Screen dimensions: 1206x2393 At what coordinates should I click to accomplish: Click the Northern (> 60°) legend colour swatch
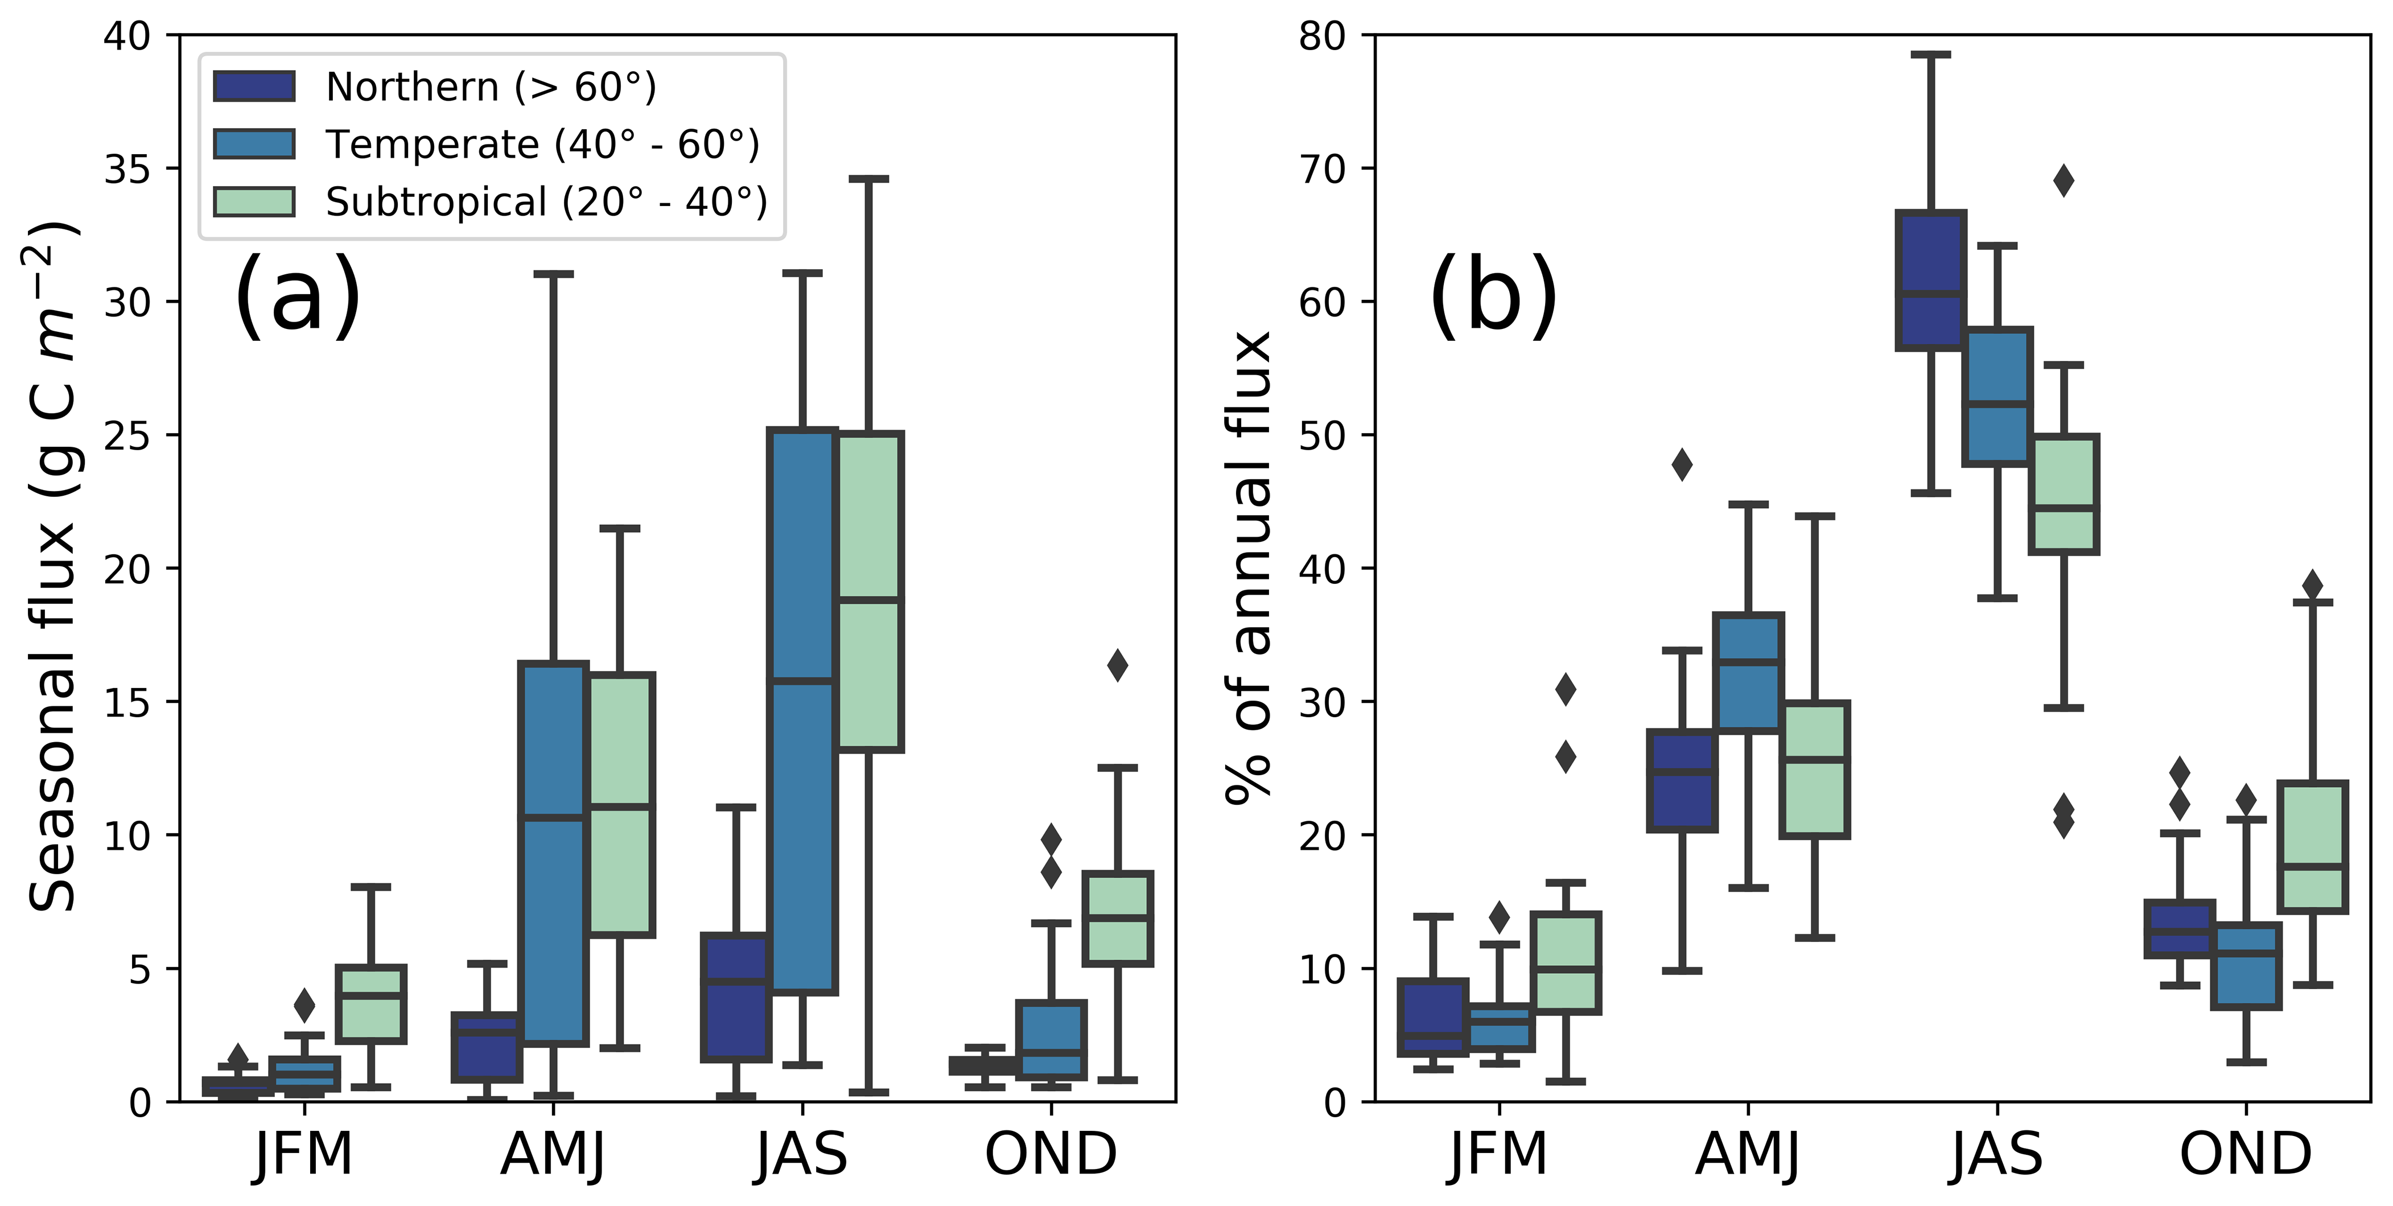(254, 87)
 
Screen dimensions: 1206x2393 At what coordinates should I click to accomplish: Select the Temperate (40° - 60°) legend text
(542, 144)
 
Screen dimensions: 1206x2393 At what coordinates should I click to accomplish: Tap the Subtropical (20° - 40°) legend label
(546, 201)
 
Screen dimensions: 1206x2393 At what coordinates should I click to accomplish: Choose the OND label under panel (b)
(2245, 1154)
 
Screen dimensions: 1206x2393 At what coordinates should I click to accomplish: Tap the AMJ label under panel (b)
(1747, 1154)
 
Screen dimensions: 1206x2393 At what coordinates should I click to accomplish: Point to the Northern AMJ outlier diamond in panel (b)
(1682, 464)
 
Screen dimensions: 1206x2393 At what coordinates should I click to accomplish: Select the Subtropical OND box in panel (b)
(2312, 846)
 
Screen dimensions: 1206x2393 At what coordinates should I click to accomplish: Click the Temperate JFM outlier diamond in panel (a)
(304, 1005)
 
